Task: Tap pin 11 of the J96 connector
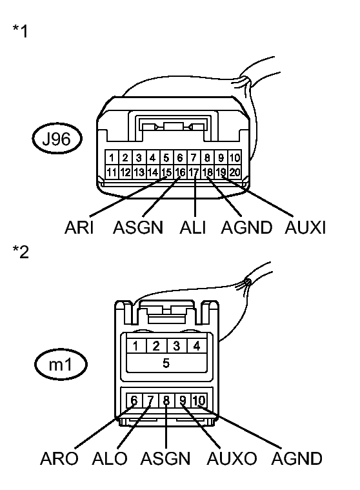click(x=112, y=172)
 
